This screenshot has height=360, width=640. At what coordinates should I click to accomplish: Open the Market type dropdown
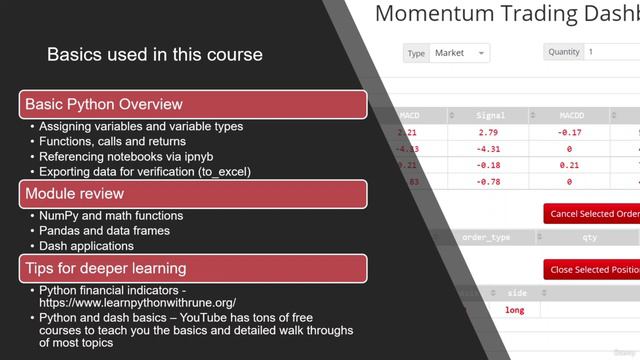coord(459,52)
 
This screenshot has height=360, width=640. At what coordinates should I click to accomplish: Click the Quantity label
coord(564,52)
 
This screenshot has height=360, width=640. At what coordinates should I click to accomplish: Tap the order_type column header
coord(487,238)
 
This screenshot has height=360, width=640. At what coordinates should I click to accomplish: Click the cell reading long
coord(515,310)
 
